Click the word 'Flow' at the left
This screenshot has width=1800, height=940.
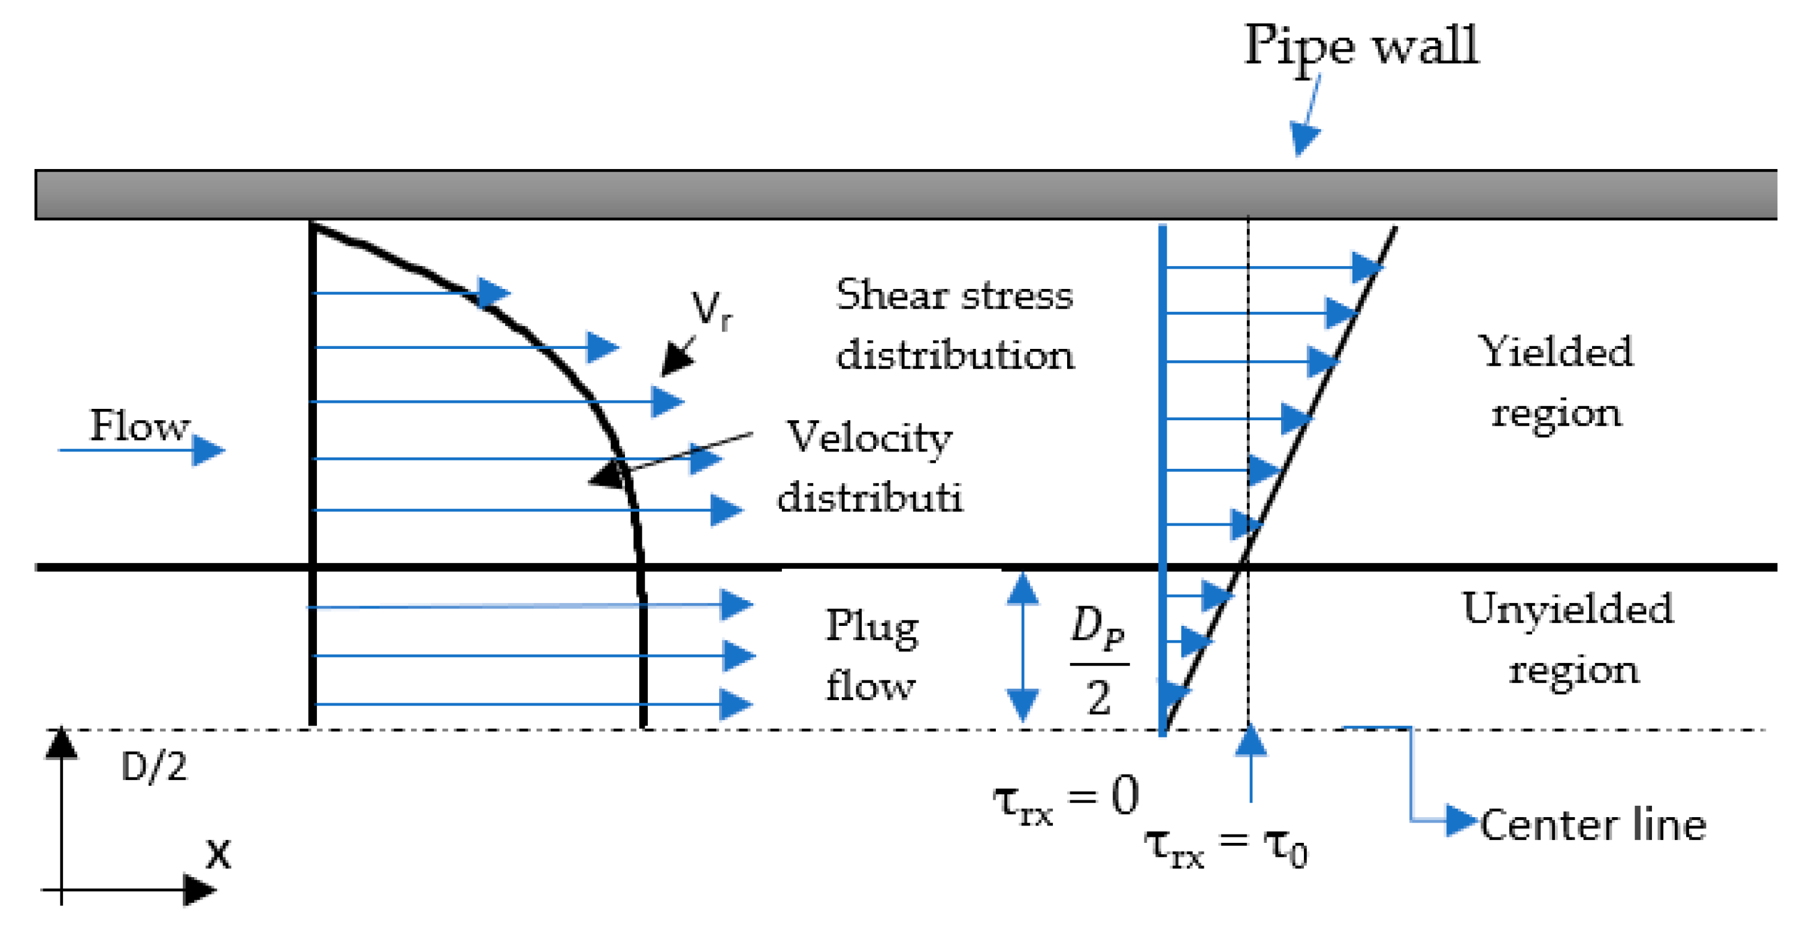pyautogui.click(x=139, y=425)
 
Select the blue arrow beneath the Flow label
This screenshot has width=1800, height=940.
pyautogui.click(x=140, y=450)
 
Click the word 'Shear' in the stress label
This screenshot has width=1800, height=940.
pyautogui.click(x=891, y=295)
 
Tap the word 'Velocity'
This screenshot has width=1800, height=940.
pyautogui.click(x=869, y=439)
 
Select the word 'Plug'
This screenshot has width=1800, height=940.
pyautogui.click(x=871, y=627)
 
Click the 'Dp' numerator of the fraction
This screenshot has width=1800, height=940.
pyautogui.click(x=1097, y=625)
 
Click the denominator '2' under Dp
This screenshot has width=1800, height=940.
pyautogui.click(x=1098, y=697)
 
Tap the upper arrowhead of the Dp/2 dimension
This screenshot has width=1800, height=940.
pyautogui.click(x=1022, y=589)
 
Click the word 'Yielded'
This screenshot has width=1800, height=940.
pyautogui.click(x=1555, y=351)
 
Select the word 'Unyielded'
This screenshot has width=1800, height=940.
pyautogui.click(x=1568, y=608)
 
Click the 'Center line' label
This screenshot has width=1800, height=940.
pyautogui.click(x=1593, y=825)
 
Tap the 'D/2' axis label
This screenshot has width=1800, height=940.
pyautogui.click(x=154, y=767)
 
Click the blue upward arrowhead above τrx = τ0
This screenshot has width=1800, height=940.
pyautogui.click(x=1250, y=741)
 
